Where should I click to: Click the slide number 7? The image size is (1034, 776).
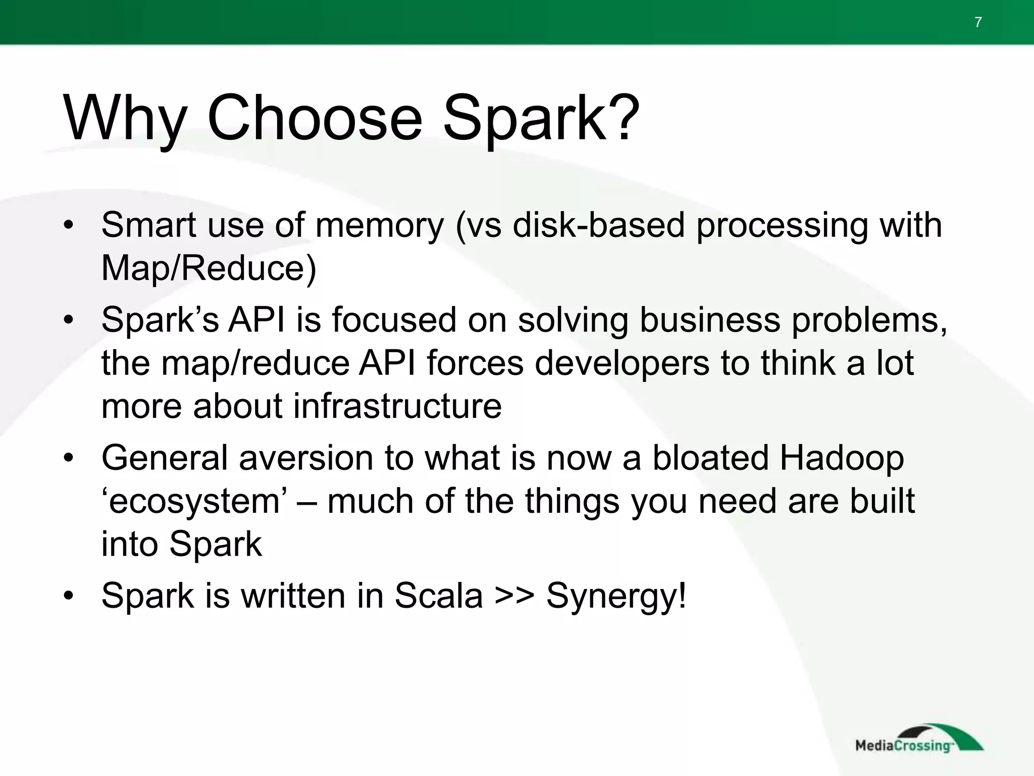[978, 23]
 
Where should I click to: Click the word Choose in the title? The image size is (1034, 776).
[314, 119]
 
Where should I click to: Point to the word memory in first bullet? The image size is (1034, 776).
[379, 225]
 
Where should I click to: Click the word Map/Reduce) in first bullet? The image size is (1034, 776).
[209, 268]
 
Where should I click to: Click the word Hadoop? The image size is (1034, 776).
[842, 458]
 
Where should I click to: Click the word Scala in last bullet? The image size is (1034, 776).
[438, 596]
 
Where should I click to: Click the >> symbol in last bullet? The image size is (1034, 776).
[514, 596]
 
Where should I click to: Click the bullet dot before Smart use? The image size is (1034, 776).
[69, 225]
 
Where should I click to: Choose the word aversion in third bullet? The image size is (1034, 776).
[305, 458]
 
